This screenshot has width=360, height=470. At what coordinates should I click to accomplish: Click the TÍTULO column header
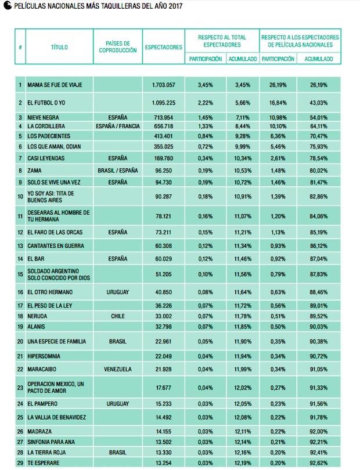click(59, 47)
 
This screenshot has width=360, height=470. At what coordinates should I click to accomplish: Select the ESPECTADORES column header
click(164, 47)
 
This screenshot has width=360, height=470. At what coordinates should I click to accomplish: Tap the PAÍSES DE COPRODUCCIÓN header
click(118, 47)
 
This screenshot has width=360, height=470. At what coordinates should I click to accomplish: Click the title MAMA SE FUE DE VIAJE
click(55, 85)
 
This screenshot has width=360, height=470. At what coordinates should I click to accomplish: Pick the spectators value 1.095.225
click(164, 103)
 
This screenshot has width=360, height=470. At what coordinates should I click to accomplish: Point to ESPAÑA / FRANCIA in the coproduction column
click(118, 126)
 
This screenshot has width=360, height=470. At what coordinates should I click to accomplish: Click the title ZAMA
click(34, 171)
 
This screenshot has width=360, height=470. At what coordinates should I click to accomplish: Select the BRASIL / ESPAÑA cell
click(118, 171)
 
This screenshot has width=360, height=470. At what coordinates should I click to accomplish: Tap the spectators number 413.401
click(164, 136)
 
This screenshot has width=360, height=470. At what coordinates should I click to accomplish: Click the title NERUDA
click(37, 316)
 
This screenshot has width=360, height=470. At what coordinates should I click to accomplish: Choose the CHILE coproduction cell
click(118, 316)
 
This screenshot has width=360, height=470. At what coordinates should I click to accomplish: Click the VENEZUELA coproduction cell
click(118, 369)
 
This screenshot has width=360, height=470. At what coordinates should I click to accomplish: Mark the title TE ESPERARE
click(44, 463)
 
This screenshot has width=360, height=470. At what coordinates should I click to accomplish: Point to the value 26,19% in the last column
click(319, 85)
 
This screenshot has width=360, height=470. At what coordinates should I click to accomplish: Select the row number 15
click(20, 274)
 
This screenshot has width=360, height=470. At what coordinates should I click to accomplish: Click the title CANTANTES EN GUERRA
click(56, 246)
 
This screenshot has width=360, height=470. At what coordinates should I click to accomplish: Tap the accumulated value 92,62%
click(319, 463)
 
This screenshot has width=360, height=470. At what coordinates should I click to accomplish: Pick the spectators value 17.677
click(164, 388)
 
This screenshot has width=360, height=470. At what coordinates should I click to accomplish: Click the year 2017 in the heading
click(175, 6)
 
